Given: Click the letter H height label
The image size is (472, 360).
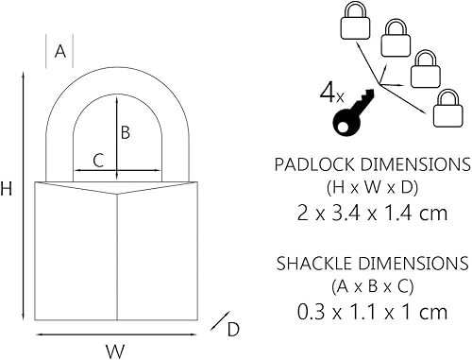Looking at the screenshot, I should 8,189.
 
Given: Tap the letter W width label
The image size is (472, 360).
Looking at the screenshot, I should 115,351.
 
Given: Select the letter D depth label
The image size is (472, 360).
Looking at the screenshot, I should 233,328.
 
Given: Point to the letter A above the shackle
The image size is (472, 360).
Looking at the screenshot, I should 59,53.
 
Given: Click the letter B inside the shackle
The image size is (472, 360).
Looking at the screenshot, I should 125,132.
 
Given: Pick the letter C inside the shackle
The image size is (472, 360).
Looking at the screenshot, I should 98,160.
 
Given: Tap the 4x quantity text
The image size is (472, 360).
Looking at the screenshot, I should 331,92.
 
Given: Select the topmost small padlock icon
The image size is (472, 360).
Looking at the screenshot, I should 355,22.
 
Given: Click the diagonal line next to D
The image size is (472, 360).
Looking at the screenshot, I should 217,320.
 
